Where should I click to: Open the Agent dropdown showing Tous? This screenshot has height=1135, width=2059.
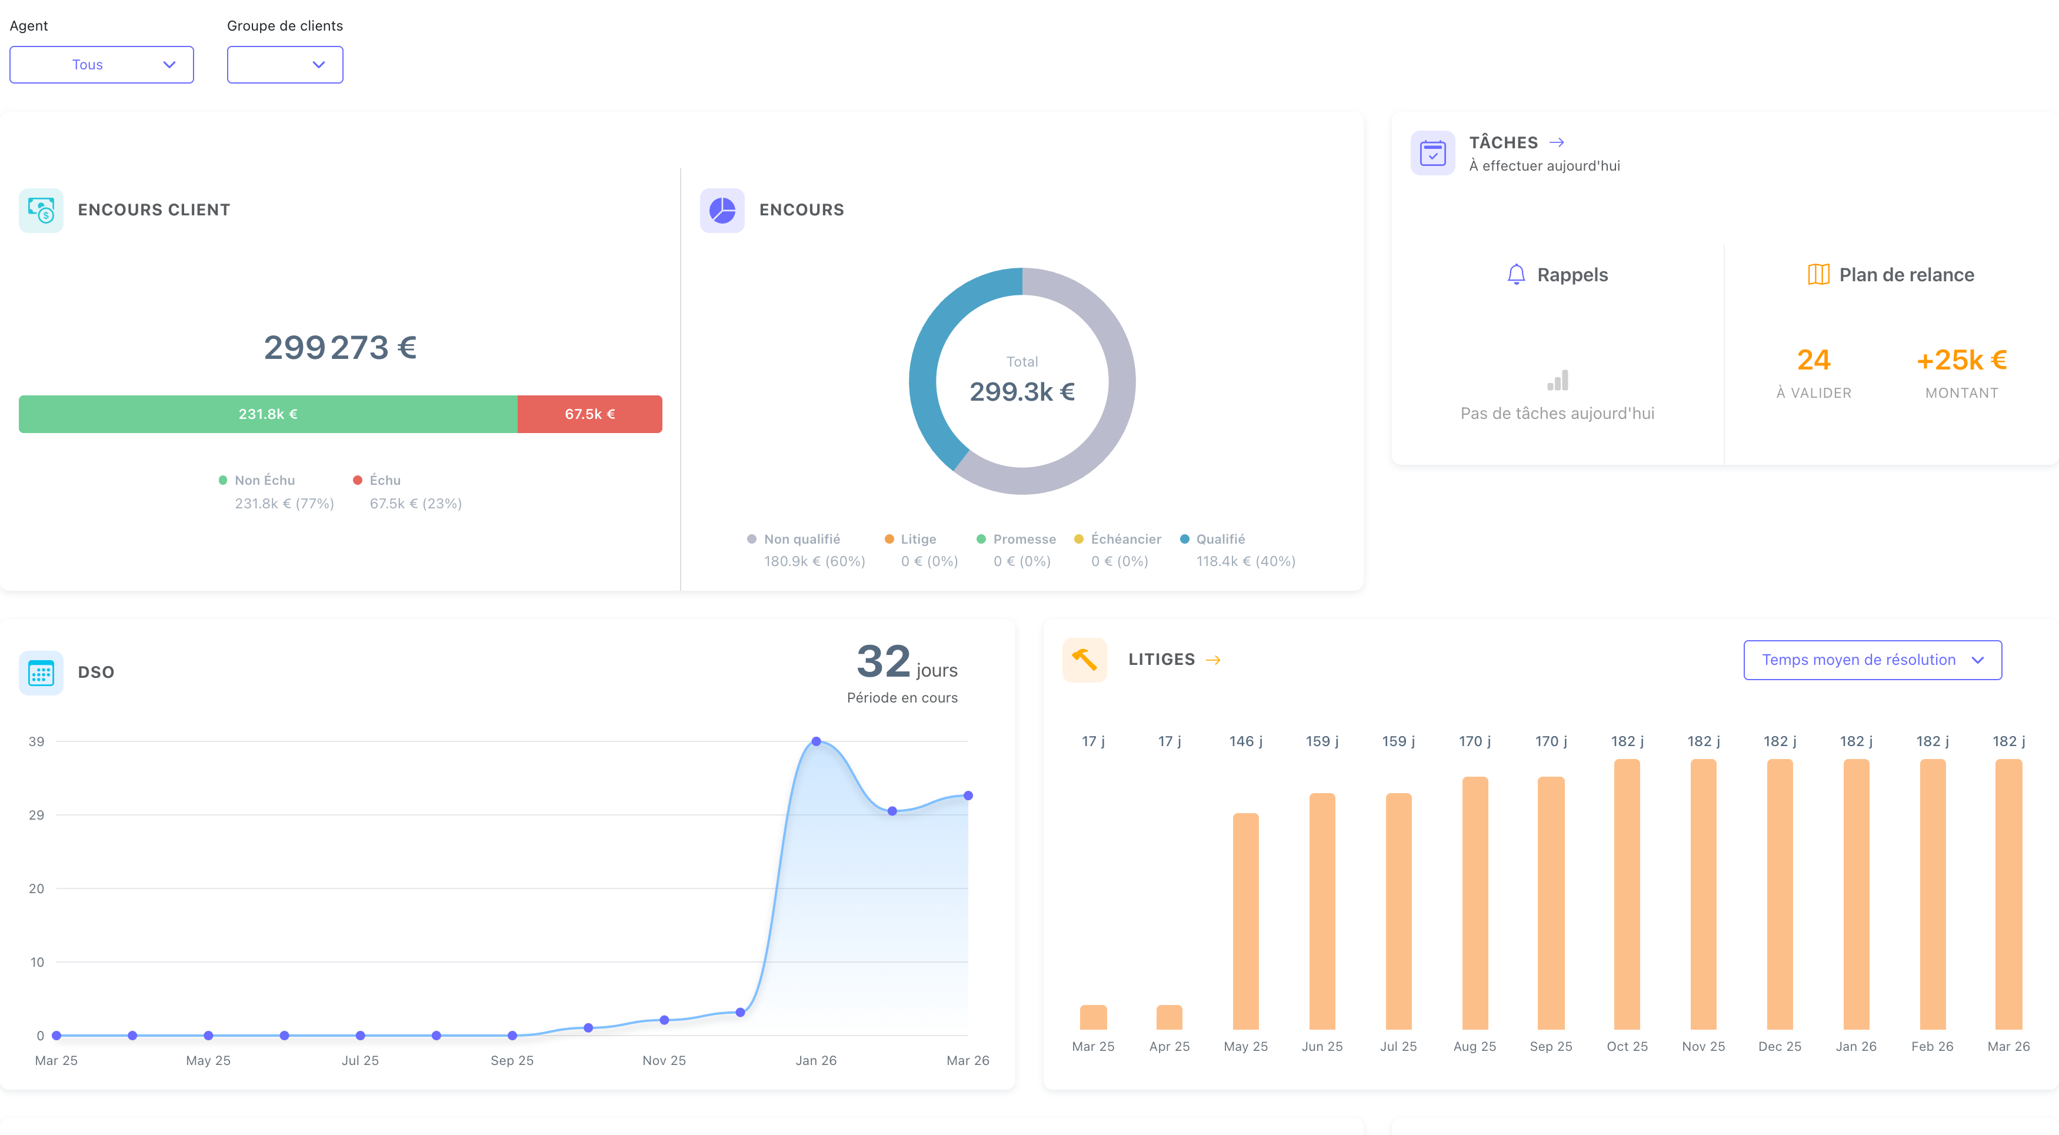point(102,65)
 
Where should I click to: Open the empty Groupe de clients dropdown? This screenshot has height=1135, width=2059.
point(285,65)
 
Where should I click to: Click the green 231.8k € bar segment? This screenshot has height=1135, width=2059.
point(268,414)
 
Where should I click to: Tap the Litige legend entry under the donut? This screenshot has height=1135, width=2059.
point(918,540)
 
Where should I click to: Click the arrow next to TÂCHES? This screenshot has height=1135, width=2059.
point(1556,142)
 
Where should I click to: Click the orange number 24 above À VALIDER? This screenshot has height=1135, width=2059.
point(1813,361)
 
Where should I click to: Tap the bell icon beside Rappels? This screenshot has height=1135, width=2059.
point(1515,275)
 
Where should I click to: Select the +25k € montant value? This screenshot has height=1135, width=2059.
point(1961,361)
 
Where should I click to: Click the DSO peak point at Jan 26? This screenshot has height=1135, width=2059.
point(816,742)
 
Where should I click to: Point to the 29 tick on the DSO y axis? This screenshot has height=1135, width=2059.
point(36,816)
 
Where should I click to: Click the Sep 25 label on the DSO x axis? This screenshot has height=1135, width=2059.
point(512,1061)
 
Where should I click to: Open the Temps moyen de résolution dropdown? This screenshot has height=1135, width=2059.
point(1872,660)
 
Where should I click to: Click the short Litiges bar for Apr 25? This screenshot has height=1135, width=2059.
point(1170,1017)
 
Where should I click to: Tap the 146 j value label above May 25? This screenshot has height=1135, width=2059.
point(1245,742)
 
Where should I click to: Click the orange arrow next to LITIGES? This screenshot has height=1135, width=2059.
point(1212,660)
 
